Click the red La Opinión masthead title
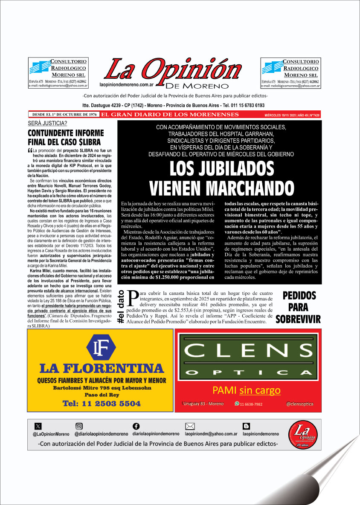(x=169, y=68)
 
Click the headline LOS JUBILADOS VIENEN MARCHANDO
(x=221, y=178)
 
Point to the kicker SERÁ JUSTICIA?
(x=47, y=124)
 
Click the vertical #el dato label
(x=121, y=306)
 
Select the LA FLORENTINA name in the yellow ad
(x=101, y=368)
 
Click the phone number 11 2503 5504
(x=101, y=403)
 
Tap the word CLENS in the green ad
(x=246, y=351)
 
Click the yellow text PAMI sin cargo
(x=247, y=390)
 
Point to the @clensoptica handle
(x=299, y=404)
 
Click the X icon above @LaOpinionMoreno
(x=38, y=426)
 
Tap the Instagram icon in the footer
(x=79, y=426)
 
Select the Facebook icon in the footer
(x=136, y=426)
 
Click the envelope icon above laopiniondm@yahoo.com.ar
(x=190, y=426)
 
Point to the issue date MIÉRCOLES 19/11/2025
(x=279, y=115)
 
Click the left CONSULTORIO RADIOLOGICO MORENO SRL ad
(x=58, y=73)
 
